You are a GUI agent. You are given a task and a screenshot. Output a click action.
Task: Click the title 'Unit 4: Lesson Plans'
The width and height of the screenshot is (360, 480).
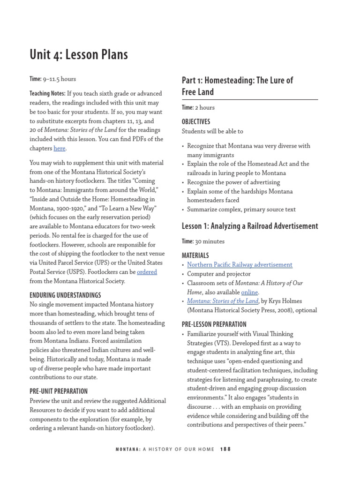pos(78,55)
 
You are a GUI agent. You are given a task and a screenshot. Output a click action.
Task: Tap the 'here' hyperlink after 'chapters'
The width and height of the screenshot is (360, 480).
pos(60,149)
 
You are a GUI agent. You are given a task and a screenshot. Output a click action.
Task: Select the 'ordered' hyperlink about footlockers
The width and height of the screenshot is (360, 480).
pos(147,272)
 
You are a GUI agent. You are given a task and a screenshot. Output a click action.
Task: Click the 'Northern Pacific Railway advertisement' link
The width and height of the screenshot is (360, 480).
pos(240,265)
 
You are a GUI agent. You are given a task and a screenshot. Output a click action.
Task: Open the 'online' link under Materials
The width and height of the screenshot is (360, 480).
pos(249,292)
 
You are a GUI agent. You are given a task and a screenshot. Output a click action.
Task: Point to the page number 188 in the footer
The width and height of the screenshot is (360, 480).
pos(225,449)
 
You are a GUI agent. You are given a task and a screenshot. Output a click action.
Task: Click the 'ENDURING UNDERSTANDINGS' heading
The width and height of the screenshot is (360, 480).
pos(65,295)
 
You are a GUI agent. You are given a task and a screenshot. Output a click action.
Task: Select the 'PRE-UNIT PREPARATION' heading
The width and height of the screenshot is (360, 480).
pos(59,391)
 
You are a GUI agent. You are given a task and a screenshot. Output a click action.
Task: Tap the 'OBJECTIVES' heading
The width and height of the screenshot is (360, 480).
pos(196,122)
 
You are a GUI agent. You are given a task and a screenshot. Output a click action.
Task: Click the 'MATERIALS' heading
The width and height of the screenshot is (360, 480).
pos(195,255)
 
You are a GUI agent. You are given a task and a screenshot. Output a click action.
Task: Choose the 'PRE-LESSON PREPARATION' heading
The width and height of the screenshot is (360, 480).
pos(214,324)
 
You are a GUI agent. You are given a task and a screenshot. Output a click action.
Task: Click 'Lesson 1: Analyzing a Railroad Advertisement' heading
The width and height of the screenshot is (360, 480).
pos(249,226)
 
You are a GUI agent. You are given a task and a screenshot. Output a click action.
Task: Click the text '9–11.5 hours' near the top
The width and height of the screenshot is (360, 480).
pos(60,79)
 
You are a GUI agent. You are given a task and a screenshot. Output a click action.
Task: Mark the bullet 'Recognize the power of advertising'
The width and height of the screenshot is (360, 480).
pos(233,182)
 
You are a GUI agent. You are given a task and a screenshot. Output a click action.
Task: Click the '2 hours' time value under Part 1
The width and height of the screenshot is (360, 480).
pos(205,108)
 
